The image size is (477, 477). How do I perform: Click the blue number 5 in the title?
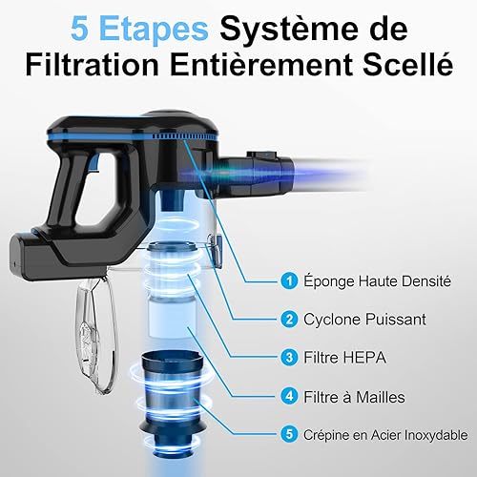point(80,30)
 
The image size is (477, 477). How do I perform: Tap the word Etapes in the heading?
point(154,31)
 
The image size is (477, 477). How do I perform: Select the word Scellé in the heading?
point(408,65)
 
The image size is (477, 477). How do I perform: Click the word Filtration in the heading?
point(93,65)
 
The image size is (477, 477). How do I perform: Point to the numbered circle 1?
point(289,281)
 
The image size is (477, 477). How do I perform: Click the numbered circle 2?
point(289,320)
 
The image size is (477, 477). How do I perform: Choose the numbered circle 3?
point(289,358)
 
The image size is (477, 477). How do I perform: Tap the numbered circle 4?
point(289,397)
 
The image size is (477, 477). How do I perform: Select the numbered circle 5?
point(289,434)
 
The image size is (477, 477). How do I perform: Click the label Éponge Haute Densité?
point(377,280)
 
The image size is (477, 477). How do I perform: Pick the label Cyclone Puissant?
point(364,320)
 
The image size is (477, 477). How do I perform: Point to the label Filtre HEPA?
point(345,358)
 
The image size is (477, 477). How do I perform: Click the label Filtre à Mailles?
point(354,397)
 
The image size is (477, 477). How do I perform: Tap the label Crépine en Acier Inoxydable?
point(385,435)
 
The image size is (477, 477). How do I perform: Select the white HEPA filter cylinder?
point(173,317)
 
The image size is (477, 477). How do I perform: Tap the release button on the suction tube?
point(261,155)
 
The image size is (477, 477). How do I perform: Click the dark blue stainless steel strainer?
point(173,403)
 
